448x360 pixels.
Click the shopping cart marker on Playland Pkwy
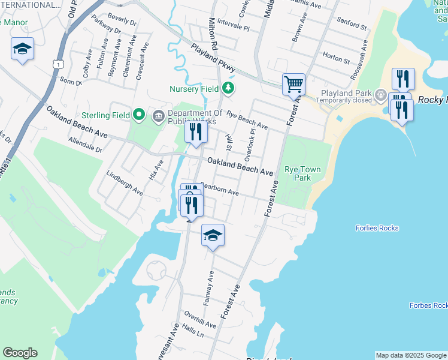click(293, 83)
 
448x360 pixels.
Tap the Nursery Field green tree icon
click(228, 89)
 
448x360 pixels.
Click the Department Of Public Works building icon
click(159, 115)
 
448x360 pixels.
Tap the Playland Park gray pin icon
click(380, 94)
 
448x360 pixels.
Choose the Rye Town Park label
click(302, 173)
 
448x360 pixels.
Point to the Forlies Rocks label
click(377, 228)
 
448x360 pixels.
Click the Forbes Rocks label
click(428, 305)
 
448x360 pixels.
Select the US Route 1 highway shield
click(57, 62)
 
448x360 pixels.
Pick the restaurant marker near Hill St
click(196, 131)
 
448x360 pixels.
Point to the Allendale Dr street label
click(86, 145)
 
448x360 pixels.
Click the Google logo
click(20, 353)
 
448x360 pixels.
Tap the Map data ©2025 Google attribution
click(411, 355)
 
